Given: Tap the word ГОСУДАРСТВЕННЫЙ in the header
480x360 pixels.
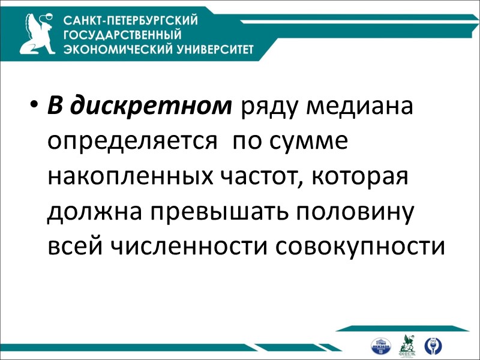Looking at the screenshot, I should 122,35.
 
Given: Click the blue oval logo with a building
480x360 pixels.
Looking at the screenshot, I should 381,346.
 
